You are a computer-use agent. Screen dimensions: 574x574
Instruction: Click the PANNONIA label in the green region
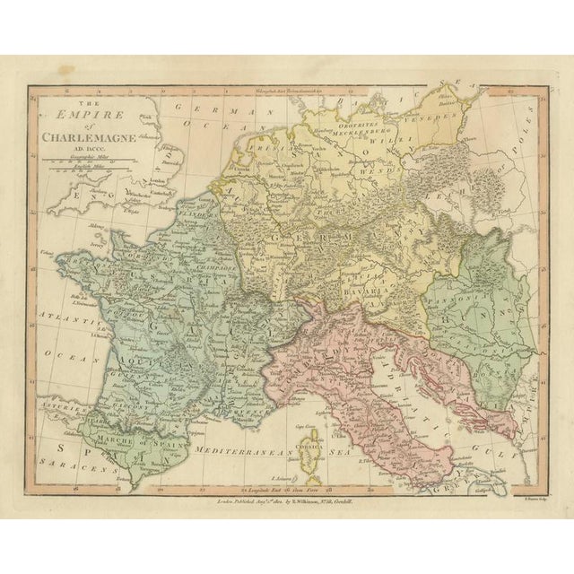coord(460,292)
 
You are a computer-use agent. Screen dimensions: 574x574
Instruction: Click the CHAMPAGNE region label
coord(216,266)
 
